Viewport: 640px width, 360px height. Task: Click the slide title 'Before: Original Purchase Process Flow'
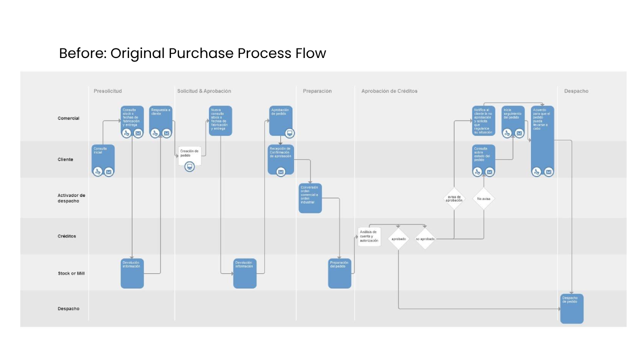(x=192, y=53)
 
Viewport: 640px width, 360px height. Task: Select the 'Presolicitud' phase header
(x=107, y=91)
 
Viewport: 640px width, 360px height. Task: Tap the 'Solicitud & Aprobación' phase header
(x=204, y=91)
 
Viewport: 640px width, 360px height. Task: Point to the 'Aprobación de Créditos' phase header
(x=389, y=91)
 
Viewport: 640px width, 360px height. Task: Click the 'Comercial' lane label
(x=68, y=118)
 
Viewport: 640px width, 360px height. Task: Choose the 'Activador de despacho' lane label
(x=71, y=198)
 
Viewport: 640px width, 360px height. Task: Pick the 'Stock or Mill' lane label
(x=71, y=273)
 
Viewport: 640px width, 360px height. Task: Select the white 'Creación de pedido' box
(x=189, y=154)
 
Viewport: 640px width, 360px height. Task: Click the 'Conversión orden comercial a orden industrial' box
(x=310, y=198)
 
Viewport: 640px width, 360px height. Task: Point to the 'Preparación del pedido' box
(x=339, y=273)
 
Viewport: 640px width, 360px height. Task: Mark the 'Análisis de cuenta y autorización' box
(x=369, y=236)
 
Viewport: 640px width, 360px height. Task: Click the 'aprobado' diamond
(x=398, y=239)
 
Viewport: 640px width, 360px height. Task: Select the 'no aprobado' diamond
(x=425, y=239)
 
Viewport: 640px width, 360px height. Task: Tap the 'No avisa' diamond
(x=483, y=198)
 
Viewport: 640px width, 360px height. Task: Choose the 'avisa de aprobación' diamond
(x=454, y=198)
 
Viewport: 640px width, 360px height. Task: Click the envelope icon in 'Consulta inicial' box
(x=108, y=171)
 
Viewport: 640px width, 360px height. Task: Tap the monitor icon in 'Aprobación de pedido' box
(x=289, y=133)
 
